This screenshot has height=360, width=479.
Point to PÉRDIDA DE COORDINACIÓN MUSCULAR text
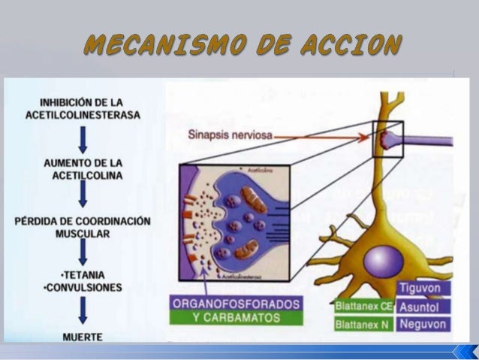[x=83, y=228]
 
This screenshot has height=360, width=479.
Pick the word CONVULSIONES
[x=83, y=286]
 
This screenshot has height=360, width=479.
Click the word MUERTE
[x=83, y=337]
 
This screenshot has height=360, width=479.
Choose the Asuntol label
[x=424, y=307]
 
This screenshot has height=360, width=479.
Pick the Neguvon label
[x=424, y=325]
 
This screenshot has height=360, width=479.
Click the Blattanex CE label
[x=364, y=307]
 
